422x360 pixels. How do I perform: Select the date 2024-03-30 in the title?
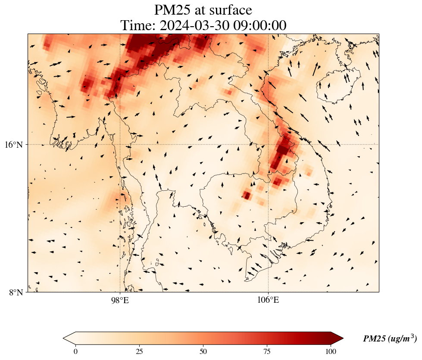(x=195, y=25)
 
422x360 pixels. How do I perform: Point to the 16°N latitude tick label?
(x=13, y=145)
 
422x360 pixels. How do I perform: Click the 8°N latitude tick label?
(x=16, y=292)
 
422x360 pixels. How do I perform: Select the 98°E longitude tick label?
(x=120, y=300)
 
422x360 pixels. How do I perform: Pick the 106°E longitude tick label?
(x=268, y=300)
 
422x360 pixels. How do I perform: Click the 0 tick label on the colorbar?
(x=76, y=351)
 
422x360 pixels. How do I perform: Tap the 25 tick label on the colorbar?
(x=139, y=351)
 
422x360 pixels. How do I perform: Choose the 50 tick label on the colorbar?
(x=203, y=351)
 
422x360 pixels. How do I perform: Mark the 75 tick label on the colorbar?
(x=267, y=351)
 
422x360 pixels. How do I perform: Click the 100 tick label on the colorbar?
(x=331, y=351)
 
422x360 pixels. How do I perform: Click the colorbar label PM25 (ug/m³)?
(x=390, y=339)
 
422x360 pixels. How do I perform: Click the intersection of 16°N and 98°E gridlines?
(x=120, y=144)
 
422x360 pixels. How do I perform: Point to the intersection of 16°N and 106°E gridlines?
(x=268, y=144)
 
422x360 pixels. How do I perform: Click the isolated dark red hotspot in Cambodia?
(x=247, y=196)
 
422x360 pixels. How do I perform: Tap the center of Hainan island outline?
(x=334, y=87)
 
